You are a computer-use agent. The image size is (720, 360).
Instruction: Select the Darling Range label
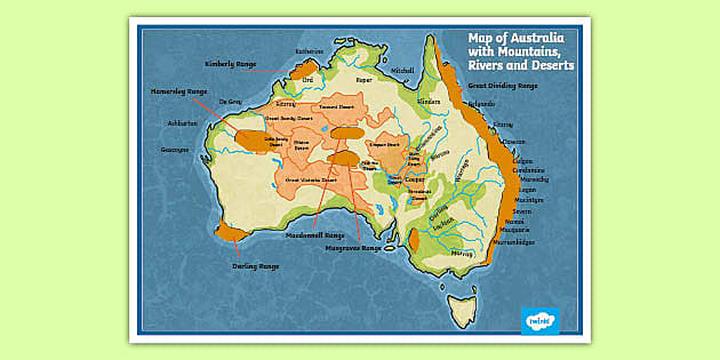click(255, 267)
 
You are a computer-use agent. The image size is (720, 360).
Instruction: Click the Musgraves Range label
click(353, 247)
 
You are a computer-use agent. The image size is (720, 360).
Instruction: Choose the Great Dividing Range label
click(503, 86)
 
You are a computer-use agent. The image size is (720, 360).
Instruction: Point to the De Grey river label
click(229, 101)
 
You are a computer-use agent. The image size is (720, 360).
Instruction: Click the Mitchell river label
click(402, 71)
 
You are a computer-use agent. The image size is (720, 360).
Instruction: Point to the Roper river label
click(364, 77)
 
